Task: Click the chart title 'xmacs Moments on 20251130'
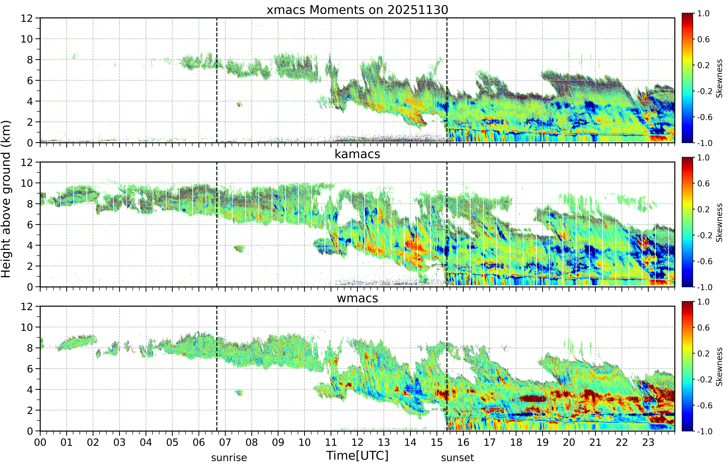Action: point(357,10)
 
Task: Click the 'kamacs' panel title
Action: point(357,154)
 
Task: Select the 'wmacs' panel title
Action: point(357,298)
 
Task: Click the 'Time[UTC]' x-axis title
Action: point(357,456)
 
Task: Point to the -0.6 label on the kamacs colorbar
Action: point(705,261)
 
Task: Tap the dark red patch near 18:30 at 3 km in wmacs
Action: point(533,398)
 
